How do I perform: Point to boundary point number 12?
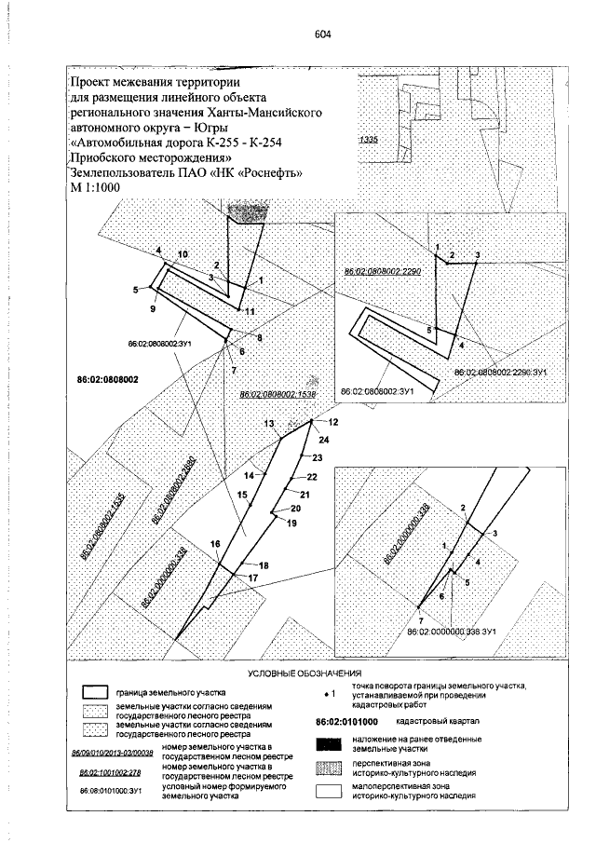click(333, 423)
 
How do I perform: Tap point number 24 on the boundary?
click(323, 439)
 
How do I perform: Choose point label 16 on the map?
click(215, 543)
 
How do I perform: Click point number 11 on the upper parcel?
click(250, 311)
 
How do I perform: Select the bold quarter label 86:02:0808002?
click(107, 380)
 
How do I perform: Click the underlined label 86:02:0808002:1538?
click(278, 395)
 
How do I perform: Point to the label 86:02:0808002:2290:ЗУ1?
click(499, 372)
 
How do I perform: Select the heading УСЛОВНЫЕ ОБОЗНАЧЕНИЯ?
click(304, 672)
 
